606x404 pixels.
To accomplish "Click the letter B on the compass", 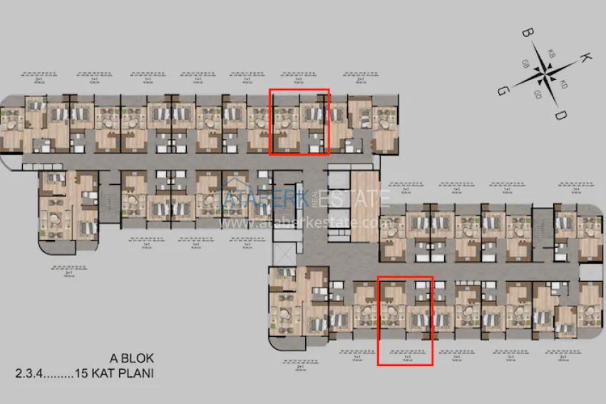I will point(528,34).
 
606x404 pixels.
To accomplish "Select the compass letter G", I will point(503,91).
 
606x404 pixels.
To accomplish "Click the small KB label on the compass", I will point(552,54).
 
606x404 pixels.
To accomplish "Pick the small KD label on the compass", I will point(563,84).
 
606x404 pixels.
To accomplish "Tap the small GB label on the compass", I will point(525,63).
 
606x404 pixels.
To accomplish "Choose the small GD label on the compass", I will point(538,94).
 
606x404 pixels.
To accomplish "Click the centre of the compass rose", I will point(545,74).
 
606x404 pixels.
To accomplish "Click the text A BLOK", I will point(131,358).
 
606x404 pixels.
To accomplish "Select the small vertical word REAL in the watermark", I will point(314,201).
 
